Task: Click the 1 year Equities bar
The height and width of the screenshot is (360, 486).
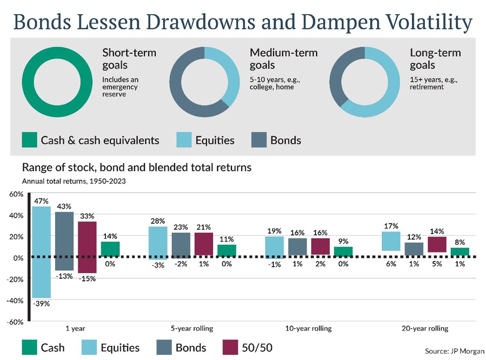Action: point(41,252)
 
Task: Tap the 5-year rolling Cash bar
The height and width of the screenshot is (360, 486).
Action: point(226,251)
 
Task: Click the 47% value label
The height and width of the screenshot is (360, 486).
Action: point(42,201)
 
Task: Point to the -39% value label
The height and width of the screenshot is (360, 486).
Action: point(42,304)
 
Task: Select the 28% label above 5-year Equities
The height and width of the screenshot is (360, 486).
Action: point(157,221)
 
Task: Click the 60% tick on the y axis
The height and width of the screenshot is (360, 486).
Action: point(16,194)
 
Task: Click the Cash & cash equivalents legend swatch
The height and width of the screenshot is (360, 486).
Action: point(29,140)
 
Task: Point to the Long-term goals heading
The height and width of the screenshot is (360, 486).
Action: point(435,59)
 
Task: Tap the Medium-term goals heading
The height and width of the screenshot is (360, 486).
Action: point(283,59)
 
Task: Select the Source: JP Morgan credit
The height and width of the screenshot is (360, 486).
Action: point(455,351)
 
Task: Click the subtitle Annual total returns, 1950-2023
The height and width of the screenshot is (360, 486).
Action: point(74,181)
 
